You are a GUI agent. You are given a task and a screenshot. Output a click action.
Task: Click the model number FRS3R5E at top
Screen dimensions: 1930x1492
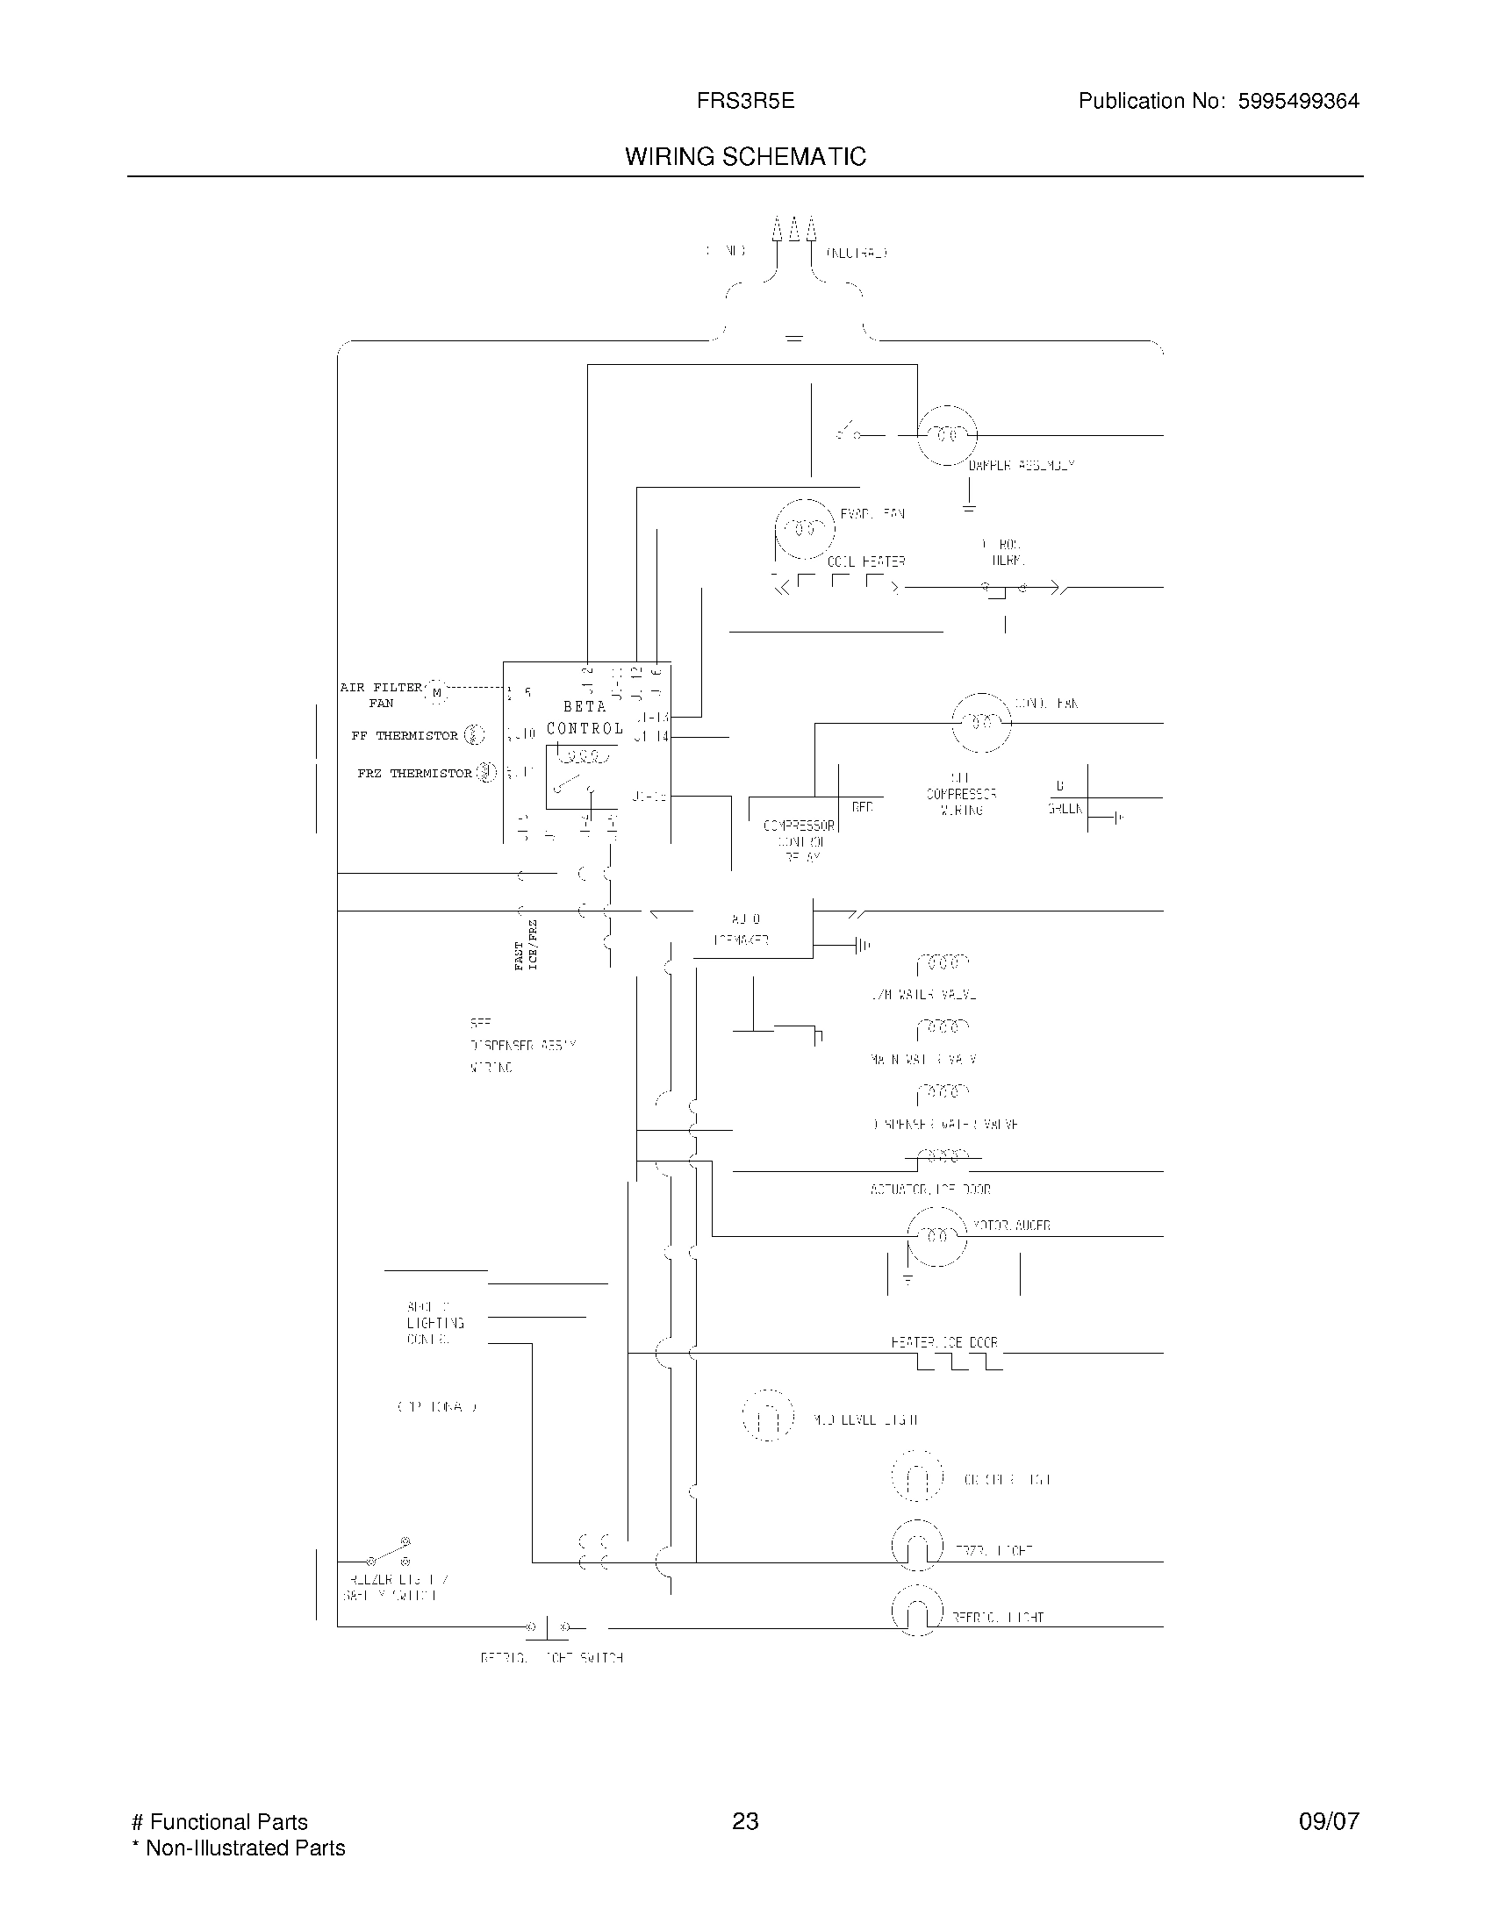click(745, 101)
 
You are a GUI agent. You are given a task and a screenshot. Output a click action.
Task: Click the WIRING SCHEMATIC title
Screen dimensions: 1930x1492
click(745, 156)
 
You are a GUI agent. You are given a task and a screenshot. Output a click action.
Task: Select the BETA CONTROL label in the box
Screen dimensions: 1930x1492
click(585, 718)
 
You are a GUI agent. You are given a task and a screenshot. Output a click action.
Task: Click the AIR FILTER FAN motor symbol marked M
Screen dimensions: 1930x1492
click(437, 693)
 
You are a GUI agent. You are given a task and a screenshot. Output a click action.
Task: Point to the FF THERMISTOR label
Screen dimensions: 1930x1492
click(405, 735)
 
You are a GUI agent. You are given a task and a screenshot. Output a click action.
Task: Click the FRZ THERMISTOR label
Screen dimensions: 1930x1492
click(414, 773)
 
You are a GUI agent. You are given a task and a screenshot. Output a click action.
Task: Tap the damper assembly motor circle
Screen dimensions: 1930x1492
click(947, 435)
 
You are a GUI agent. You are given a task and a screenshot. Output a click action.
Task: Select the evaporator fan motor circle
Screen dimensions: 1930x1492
click(804, 529)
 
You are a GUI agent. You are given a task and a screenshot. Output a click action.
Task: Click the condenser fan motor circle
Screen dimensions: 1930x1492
click(980, 723)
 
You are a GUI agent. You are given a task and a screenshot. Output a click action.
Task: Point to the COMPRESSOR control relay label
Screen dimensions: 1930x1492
click(798, 826)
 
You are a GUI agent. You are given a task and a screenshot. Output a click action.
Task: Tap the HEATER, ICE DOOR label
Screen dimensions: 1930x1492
click(944, 1342)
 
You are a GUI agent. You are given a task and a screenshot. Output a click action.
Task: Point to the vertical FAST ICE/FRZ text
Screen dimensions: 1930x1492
click(526, 945)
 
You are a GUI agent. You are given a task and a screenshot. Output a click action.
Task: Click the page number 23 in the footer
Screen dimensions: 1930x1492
click(745, 1821)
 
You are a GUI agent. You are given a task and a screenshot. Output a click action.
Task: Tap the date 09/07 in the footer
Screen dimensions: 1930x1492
click(1329, 1821)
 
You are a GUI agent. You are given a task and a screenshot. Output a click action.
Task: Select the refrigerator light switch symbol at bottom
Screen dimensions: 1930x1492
click(548, 1626)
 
